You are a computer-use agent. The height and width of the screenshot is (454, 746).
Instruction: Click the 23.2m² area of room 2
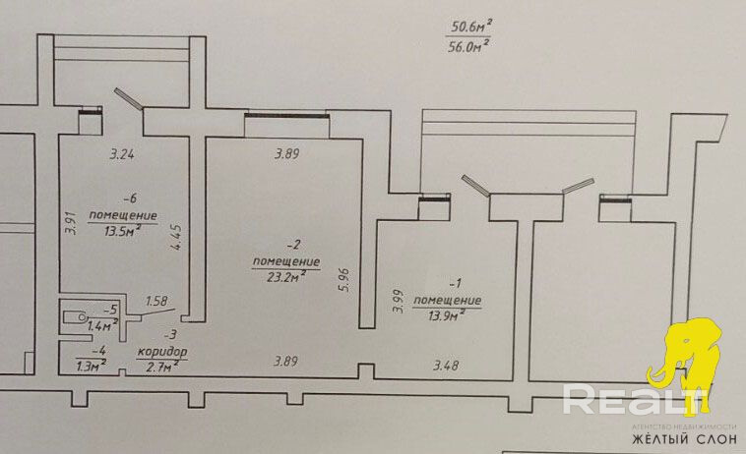[285, 276]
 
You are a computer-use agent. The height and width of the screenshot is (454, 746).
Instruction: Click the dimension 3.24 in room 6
[120, 154]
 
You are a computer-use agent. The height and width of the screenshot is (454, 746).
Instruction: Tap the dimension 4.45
[177, 242]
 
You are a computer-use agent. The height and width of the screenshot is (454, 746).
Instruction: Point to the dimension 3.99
[397, 300]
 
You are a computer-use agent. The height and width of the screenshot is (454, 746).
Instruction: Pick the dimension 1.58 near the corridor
[157, 302]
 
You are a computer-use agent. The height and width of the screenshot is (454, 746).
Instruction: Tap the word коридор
[161, 352]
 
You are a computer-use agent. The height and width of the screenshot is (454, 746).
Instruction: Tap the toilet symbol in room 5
[74, 317]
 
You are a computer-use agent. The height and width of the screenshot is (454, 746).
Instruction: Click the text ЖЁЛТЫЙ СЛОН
[681, 439]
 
